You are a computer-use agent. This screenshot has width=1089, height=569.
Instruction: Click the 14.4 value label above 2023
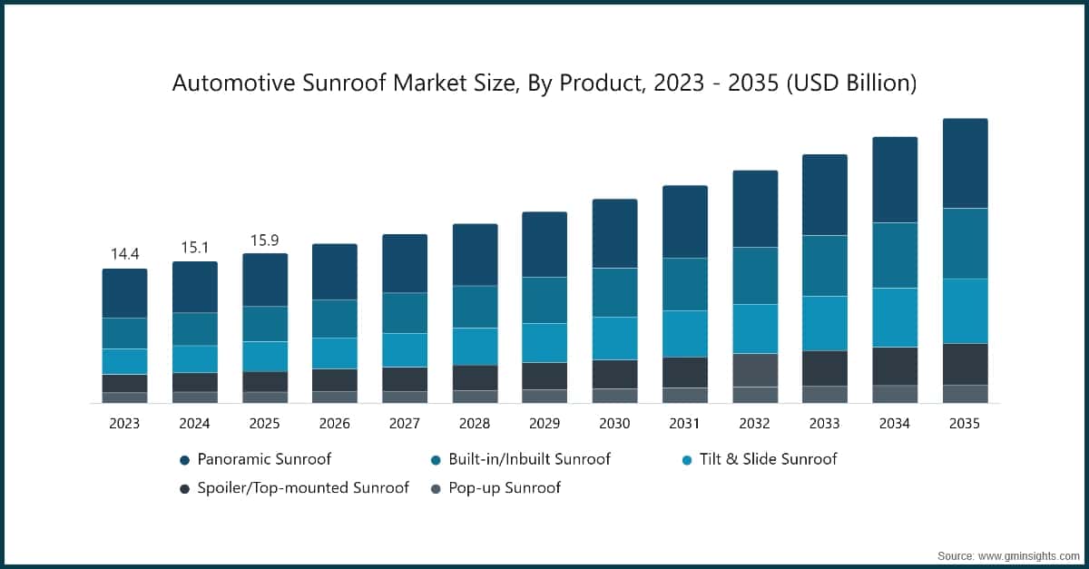[x=124, y=254]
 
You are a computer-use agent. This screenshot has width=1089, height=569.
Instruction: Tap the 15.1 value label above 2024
[x=194, y=248]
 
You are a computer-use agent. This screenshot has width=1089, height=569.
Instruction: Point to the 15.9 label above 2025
[x=264, y=240]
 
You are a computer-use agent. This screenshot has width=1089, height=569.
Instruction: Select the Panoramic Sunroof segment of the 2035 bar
[x=965, y=163]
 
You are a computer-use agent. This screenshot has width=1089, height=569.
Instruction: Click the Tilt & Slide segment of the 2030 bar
[x=614, y=338]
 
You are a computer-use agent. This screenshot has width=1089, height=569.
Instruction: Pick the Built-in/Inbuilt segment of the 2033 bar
[x=825, y=265]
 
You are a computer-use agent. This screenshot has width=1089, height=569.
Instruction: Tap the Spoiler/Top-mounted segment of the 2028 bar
[x=475, y=378]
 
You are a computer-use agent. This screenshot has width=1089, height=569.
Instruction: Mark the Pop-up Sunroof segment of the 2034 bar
[x=895, y=393]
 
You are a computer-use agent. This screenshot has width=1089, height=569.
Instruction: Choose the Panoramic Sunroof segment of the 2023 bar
[x=124, y=293]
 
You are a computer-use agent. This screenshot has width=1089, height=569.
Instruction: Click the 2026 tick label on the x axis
[x=334, y=424]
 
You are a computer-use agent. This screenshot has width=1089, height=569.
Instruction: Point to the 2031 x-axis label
[x=684, y=424]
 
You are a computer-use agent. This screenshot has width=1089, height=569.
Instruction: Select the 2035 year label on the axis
[x=964, y=424]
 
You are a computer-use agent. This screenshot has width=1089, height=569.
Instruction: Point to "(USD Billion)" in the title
[x=850, y=83]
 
